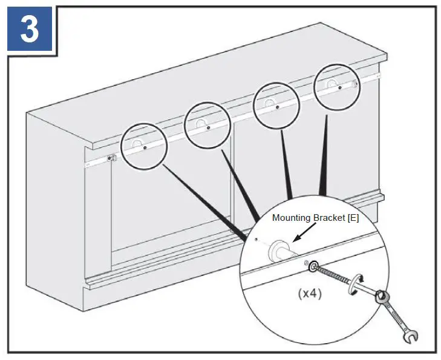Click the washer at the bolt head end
pyautogui.click(x=313, y=266)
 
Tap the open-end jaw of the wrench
pyautogui.click(x=411, y=333)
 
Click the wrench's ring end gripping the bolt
pyautogui.click(x=381, y=298)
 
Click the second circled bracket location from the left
pyautogui.click(x=207, y=124)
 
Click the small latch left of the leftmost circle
pyautogui.click(x=111, y=159)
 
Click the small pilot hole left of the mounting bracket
pyautogui.click(x=257, y=240)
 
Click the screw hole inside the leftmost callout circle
pyautogui.click(x=145, y=148)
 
